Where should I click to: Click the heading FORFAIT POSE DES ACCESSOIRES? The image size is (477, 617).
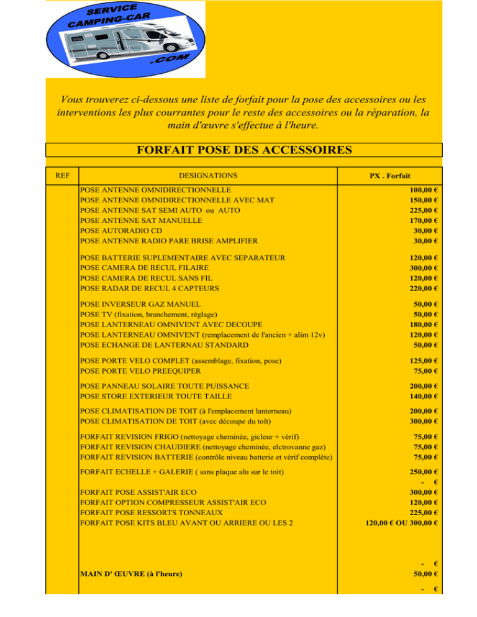pyautogui.click(x=243, y=151)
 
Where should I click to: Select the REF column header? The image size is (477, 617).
pyautogui.click(x=62, y=176)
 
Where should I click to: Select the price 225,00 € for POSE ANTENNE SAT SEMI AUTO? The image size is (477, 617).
pyautogui.click(x=424, y=210)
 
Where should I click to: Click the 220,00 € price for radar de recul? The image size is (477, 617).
pyautogui.click(x=424, y=288)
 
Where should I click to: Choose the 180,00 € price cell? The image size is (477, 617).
pyautogui.click(x=424, y=325)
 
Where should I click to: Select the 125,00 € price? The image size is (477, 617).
pyautogui.click(x=424, y=361)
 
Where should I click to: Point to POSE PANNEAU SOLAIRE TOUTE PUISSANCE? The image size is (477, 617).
pyautogui.click(x=165, y=386)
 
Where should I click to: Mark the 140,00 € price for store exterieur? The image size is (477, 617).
pyautogui.click(x=424, y=396)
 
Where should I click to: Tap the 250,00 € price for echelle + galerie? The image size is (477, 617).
pyautogui.click(x=424, y=472)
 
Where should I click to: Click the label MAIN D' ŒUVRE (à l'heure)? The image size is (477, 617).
pyautogui.click(x=132, y=574)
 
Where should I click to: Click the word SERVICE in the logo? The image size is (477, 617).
pyautogui.click(x=112, y=11)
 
